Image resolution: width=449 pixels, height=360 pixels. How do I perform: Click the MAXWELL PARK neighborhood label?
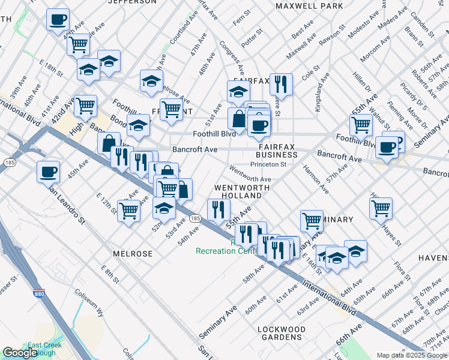[309, 6]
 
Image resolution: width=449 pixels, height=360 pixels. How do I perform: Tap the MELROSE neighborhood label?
[132, 254]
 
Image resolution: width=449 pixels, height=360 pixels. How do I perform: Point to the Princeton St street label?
[268, 164]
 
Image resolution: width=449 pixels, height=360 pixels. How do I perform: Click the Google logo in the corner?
[19, 353]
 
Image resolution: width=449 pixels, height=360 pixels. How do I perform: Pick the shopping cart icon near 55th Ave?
[360, 125]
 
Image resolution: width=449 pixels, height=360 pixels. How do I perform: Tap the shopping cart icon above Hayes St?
[381, 209]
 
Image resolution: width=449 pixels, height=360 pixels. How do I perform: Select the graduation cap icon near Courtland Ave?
[151, 81]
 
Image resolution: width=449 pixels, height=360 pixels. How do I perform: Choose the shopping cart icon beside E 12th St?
[129, 211]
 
